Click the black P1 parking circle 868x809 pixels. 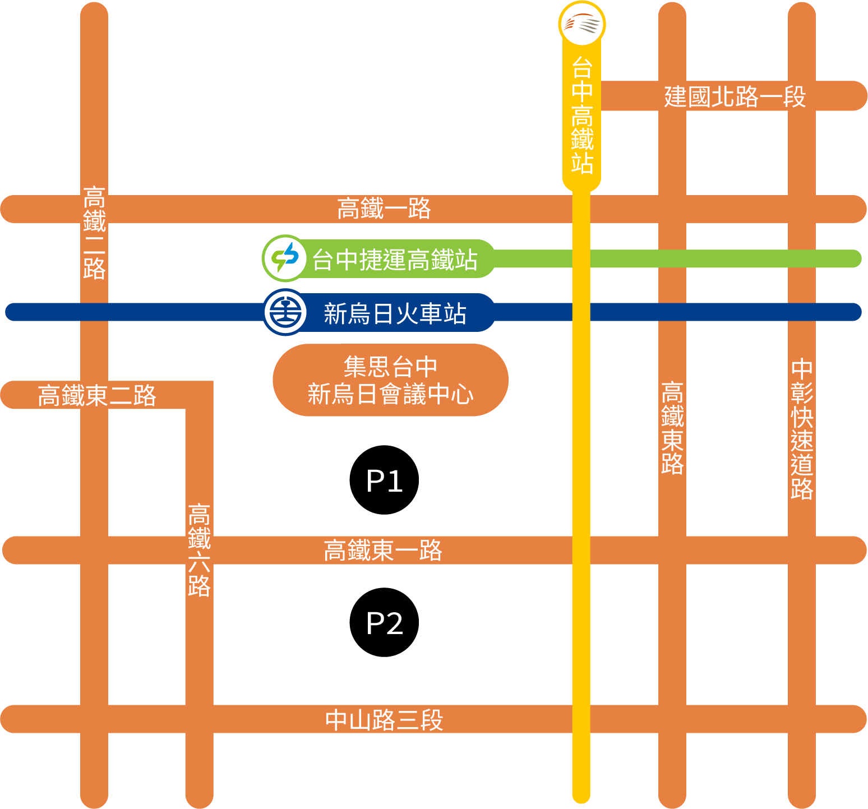[x=384, y=480]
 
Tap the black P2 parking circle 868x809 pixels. [x=384, y=622]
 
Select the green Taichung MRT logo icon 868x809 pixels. [x=285, y=258]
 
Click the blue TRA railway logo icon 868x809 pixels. [x=285, y=312]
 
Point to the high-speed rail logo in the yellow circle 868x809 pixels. [x=582, y=24]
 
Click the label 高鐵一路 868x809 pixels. [x=384, y=209]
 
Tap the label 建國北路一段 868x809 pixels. [x=735, y=96]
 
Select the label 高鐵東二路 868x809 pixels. [x=97, y=395]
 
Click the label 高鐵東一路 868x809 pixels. [x=383, y=550]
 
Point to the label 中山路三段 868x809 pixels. [x=384, y=720]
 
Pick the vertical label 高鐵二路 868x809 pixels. [x=94, y=233]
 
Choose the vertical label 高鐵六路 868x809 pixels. [x=199, y=550]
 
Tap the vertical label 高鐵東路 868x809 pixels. [x=672, y=428]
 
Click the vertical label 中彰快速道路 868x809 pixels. [x=802, y=429]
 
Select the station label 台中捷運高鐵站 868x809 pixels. [x=395, y=260]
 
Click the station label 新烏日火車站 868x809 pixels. [x=395, y=313]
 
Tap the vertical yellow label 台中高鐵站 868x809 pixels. [x=582, y=115]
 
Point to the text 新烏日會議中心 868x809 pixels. [x=390, y=394]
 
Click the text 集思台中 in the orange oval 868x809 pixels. [x=390, y=367]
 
